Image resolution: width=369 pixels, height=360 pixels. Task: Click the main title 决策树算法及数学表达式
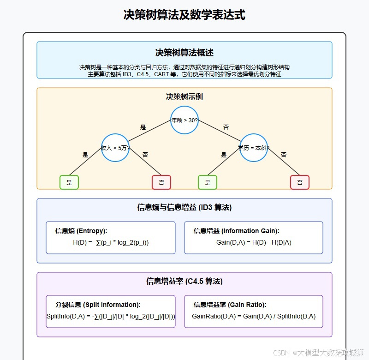(x=184, y=15)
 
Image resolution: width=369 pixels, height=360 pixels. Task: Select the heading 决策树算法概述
(x=184, y=53)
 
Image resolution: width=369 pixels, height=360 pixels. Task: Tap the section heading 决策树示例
(x=184, y=96)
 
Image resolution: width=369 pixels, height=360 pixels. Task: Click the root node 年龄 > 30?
(x=184, y=120)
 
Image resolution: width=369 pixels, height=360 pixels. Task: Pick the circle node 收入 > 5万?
(x=115, y=148)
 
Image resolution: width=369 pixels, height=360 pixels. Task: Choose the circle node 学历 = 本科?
(x=254, y=148)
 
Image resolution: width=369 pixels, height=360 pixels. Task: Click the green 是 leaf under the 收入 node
(x=69, y=182)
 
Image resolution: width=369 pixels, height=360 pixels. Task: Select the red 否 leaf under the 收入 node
(x=161, y=182)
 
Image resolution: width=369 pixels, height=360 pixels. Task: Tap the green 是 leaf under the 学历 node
(x=208, y=182)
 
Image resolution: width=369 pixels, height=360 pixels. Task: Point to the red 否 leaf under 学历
(x=300, y=182)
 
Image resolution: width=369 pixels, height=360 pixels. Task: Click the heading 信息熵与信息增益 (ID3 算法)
(x=184, y=207)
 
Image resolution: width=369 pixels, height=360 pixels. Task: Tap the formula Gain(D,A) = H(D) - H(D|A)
(x=254, y=242)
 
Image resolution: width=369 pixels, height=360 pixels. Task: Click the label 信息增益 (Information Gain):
(x=237, y=231)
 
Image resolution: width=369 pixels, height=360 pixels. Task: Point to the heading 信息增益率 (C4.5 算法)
(x=184, y=281)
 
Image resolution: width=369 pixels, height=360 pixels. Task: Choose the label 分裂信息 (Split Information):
(x=98, y=305)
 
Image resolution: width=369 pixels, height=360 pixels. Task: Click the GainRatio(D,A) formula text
(x=254, y=316)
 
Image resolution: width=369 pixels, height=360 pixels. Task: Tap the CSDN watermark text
(x=318, y=353)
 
